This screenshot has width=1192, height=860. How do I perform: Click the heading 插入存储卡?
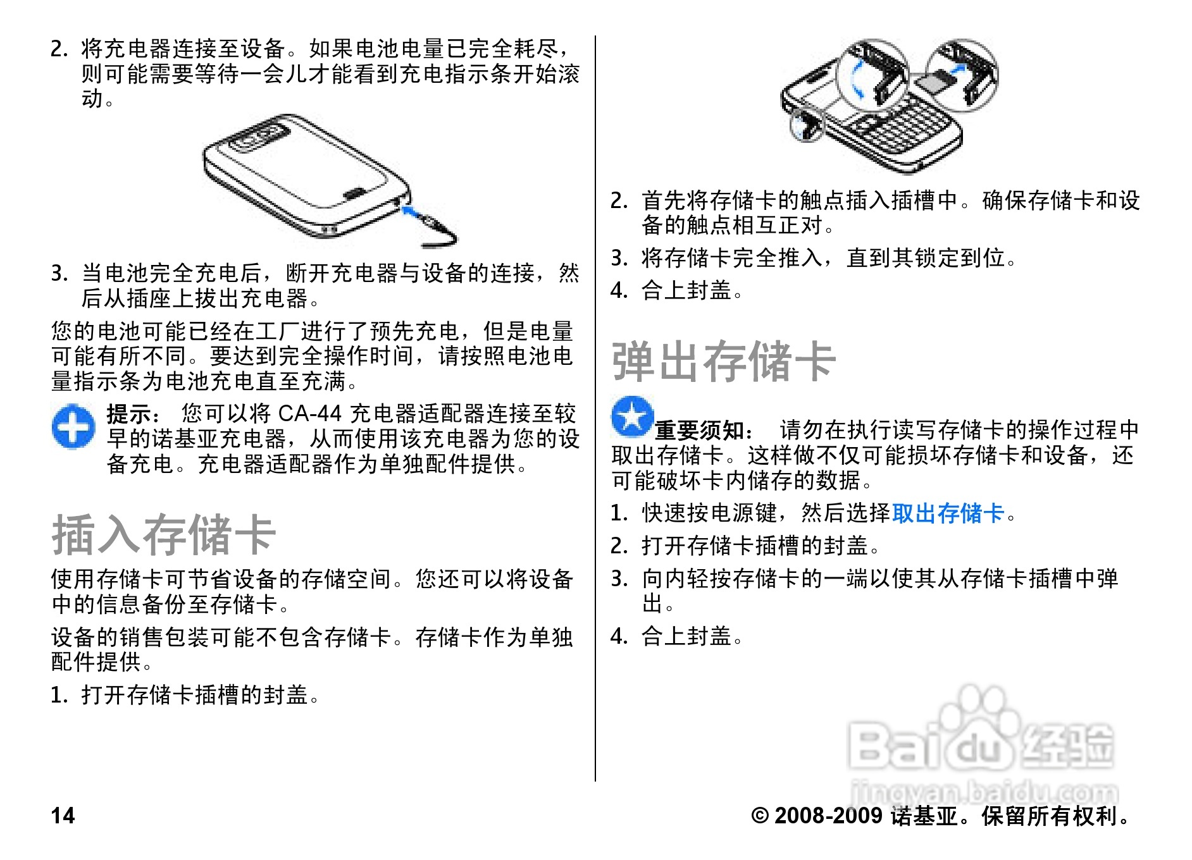pos(163,535)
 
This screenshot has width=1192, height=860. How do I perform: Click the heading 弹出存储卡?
pos(723,362)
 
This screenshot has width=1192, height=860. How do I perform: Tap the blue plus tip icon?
pos(73,427)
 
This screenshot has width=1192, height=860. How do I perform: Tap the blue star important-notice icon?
pos(631,417)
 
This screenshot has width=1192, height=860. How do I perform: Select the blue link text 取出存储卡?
pos(947,513)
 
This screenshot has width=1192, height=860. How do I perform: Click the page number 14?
pos(63,816)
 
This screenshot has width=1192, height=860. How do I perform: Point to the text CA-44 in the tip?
pos(309,414)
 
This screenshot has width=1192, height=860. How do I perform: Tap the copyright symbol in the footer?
pos(759,816)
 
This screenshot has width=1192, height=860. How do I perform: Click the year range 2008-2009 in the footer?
pos(828,816)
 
